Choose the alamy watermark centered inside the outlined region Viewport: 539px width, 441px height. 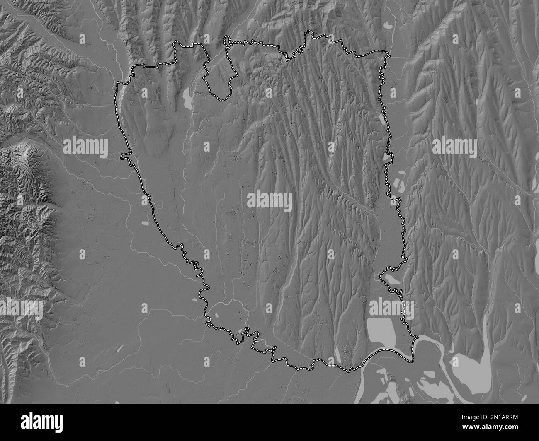[x=269, y=200]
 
